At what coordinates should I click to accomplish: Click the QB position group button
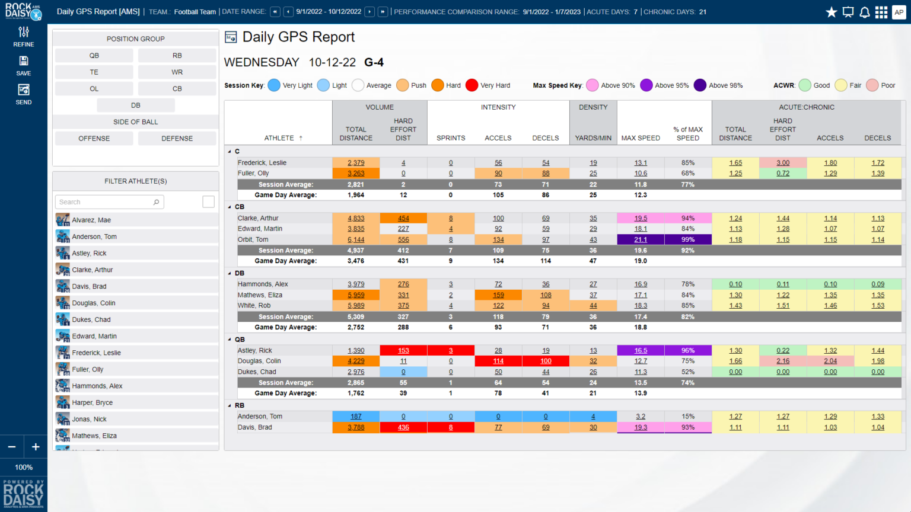coord(94,56)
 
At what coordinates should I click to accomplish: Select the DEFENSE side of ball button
coord(177,139)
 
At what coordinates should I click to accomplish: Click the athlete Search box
coord(109,202)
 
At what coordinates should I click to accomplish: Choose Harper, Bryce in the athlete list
coord(93,402)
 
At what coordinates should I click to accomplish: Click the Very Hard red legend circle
coord(472,85)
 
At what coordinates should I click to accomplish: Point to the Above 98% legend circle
coord(700,85)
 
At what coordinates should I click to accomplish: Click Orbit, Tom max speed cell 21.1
coord(641,240)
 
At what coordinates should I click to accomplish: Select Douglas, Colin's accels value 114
coord(498,361)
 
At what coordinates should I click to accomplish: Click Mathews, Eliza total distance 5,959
coord(356,295)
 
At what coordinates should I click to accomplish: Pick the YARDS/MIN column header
coord(593,138)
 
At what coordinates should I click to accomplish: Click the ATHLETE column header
coord(279,138)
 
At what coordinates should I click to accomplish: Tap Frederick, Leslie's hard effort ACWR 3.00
coord(783,163)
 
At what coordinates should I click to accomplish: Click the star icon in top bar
coord(832,12)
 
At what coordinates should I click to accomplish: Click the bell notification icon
coord(865,12)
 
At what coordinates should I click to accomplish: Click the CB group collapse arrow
coord(230,207)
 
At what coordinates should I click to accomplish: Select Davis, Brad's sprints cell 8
coord(451,427)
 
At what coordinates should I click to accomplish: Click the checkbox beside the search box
coord(208,202)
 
